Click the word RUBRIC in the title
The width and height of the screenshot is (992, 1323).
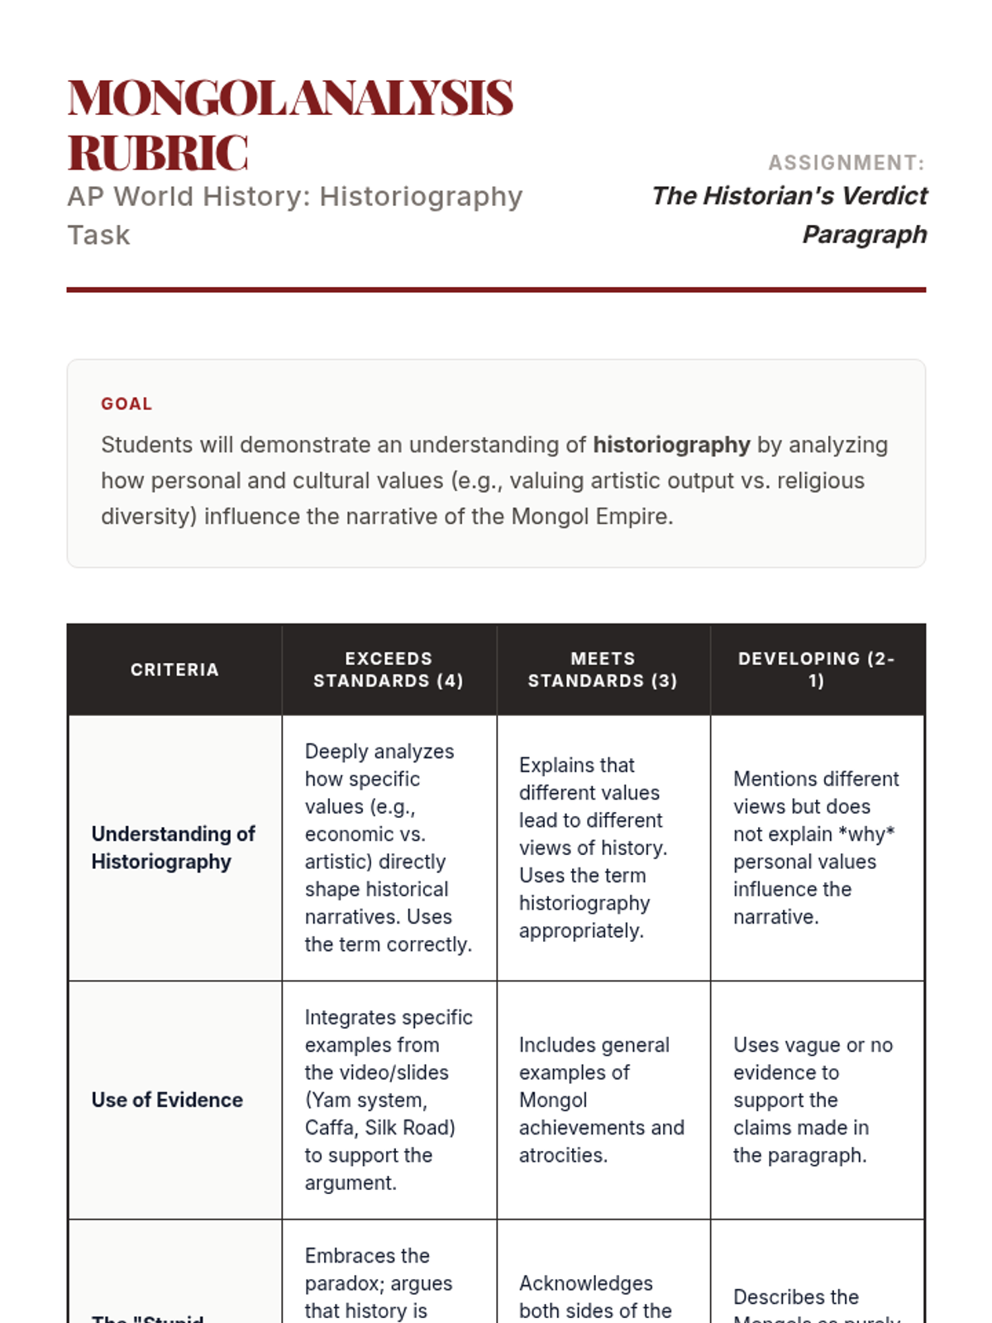(x=157, y=154)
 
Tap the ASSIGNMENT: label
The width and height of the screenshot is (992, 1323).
(x=846, y=163)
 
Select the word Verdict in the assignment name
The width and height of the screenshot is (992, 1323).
(x=885, y=196)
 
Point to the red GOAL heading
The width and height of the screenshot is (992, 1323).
(x=126, y=404)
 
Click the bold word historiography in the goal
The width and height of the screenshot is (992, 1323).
(x=671, y=445)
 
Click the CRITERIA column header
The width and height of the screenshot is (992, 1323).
(x=174, y=670)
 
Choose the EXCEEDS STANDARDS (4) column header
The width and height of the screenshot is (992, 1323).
(x=389, y=670)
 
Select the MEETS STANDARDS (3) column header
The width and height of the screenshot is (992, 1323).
(x=603, y=670)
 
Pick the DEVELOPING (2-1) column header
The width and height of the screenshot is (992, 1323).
(x=817, y=670)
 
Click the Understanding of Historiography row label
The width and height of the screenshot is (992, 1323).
(x=173, y=848)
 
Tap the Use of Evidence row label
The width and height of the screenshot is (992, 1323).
(x=167, y=1100)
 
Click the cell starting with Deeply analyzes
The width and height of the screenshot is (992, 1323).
(x=389, y=848)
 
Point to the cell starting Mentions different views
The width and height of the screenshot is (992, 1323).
(x=816, y=848)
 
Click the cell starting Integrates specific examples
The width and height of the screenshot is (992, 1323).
(x=389, y=1100)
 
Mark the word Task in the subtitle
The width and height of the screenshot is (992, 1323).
(x=98, y=236)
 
